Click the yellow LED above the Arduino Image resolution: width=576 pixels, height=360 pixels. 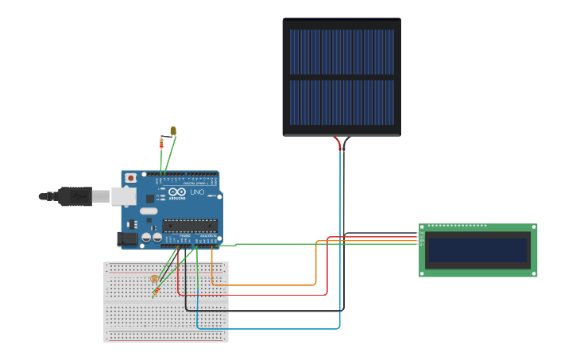(173, 131)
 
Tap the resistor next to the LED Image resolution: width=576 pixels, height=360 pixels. (162, 143)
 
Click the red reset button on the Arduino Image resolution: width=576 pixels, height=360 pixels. (130, 178)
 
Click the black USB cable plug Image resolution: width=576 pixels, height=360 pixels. (76, 195)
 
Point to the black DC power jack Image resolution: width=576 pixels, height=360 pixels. (126, 238)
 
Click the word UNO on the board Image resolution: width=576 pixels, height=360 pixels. (197, 192)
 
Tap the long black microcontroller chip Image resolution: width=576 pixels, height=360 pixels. (190, 226)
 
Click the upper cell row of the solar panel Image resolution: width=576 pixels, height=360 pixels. (342, 52)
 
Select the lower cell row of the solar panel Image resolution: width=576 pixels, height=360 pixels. (342, 103)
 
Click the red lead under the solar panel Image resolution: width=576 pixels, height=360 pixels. (337, 143)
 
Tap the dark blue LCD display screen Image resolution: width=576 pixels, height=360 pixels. (477, 250)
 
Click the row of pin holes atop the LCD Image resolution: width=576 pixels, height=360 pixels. (457, 226)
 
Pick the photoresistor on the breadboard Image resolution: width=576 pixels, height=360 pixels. (154, 279)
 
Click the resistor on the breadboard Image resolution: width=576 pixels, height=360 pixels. (156, 292)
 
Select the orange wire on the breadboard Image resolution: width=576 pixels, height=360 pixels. (262, 285)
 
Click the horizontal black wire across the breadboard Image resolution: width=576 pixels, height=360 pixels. (262, 310)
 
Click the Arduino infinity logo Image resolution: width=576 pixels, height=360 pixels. (176, 192)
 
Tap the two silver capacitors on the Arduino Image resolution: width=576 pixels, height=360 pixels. (152, 237)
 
